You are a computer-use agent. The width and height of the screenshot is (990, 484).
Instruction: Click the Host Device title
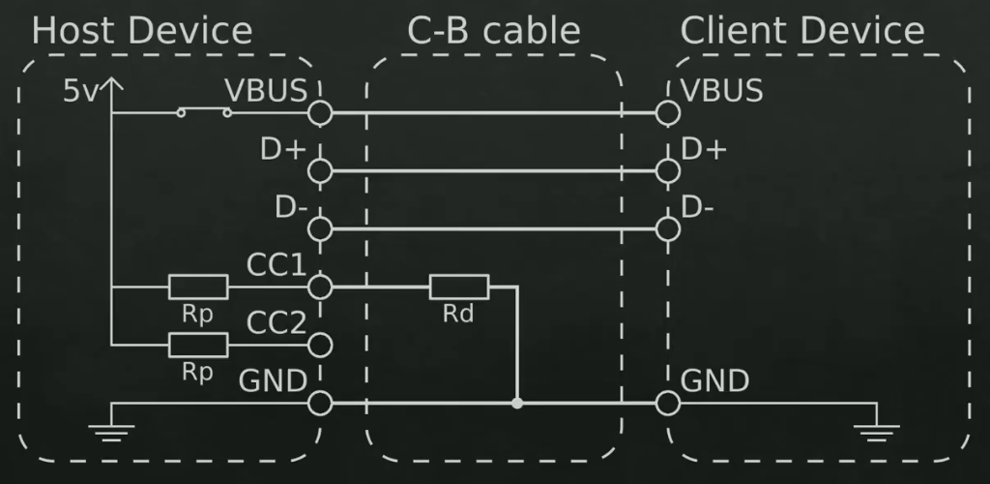coord(142,31)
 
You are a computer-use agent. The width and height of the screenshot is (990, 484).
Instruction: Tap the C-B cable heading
coord(493,31)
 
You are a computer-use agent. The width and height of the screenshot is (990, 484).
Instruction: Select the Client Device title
coord(801,31)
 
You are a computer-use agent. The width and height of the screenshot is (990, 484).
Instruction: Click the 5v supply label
coord(81,92)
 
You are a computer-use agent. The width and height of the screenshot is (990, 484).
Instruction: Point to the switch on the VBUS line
coord(204,113)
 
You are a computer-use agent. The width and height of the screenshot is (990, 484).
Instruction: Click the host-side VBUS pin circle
coord(320,113)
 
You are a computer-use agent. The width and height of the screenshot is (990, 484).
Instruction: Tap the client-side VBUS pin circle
coord(666,113)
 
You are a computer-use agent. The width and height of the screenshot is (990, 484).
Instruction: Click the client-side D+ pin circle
coord(666,171)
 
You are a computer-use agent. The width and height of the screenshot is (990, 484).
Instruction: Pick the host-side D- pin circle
coord(320,229)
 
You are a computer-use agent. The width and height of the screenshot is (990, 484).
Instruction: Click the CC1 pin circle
coord(320,287)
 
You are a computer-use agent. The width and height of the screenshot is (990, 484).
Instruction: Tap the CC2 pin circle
coord(320,344)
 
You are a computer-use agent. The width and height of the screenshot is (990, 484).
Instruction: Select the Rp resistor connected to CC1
coord(198,287)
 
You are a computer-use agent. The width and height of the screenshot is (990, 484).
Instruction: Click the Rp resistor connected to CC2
coord(198,344)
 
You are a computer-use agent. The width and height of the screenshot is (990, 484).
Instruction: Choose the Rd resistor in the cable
coord(459,287)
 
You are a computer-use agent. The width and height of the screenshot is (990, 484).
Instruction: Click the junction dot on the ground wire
coord(517,403)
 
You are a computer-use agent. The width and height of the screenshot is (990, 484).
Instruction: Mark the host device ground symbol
coord(113,429)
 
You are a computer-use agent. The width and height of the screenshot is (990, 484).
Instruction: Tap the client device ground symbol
coord(877,429)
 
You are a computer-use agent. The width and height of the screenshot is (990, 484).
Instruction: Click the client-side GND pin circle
coord(666,403)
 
